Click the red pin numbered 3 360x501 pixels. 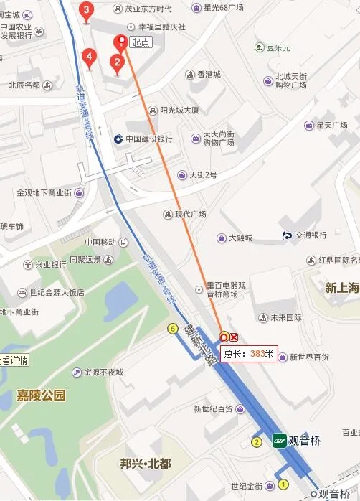87,10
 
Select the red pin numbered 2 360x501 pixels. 116,63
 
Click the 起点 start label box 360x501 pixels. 141,42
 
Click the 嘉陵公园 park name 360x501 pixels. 41,395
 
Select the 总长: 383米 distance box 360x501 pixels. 248,353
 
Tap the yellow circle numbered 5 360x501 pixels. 172,329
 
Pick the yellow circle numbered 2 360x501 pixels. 256,441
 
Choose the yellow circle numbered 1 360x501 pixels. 283,484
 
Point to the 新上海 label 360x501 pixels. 341,288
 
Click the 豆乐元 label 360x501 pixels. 278,48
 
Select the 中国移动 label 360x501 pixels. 100,242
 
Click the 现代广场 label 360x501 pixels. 190,214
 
